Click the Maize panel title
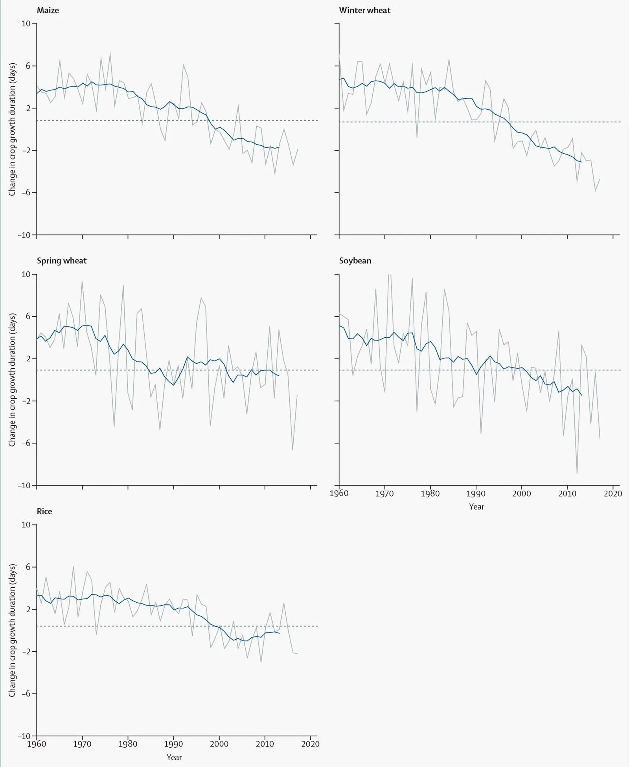[48, 11]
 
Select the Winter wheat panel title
[364, 11]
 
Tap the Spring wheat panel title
[61, 261]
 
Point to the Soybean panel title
[355, 261]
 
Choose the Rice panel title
[44, 511]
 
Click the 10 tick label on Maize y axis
[26, 24]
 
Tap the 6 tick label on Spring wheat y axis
[28, 316]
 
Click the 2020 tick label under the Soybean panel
[613, 493]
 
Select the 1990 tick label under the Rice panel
[173, 744]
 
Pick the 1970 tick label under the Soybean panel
[384, 493]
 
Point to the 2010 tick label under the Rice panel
[265, 744]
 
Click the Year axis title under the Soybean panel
[476, 507]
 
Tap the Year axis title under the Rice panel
[174, 757]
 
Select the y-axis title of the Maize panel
[13, 129]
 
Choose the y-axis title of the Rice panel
[13, 630]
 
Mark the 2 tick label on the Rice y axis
[28, 609]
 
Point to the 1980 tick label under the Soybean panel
[430, 493]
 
